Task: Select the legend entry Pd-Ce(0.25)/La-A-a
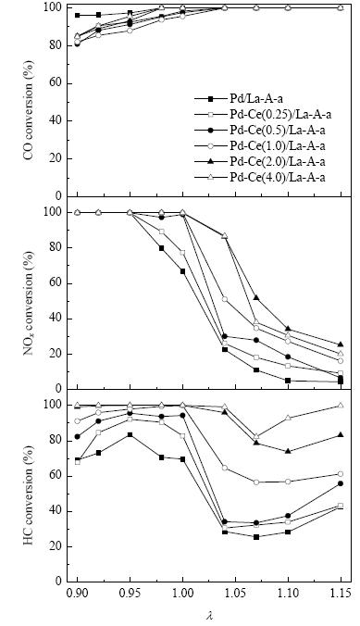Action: coord(263,115)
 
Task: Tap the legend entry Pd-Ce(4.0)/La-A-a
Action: coord(260,177)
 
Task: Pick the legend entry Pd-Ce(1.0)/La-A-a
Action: coord(260,145)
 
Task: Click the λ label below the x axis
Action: coord(210,615)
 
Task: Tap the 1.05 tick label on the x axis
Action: coord(235,592)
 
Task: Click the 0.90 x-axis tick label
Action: coord(78,592)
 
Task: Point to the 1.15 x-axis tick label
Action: coord(341,592)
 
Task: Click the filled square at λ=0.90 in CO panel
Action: coord(78,15)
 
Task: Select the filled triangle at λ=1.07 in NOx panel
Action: coord(256,297)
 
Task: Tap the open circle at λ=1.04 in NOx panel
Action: coord(225,299)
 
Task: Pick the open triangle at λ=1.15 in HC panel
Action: coord(341,406)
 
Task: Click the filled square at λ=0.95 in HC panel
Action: coord(130,434)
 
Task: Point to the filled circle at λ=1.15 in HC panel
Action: coord(341,483)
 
